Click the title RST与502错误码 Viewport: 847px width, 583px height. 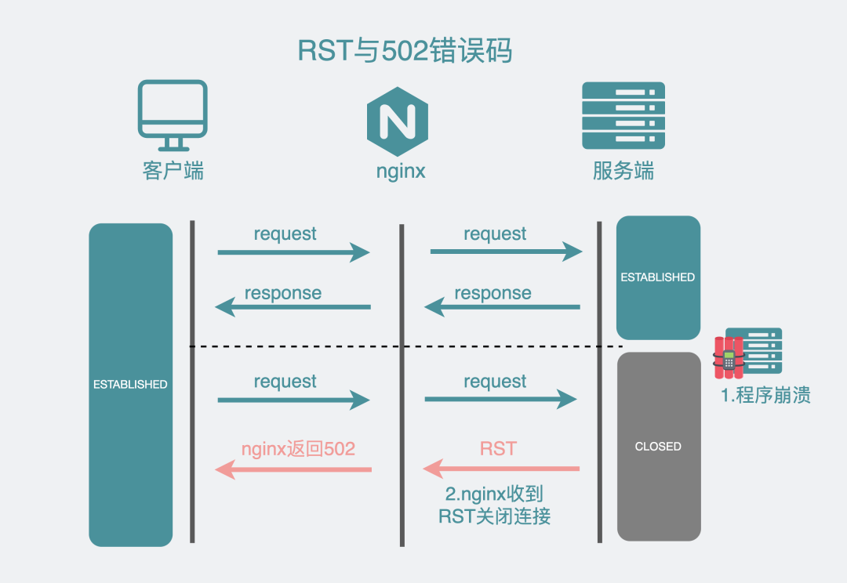[x=405, y=51]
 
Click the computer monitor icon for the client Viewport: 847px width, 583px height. [x=173, y=114]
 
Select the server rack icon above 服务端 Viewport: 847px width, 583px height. [x=623, y=116]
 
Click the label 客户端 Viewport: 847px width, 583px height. [x=173, y=171]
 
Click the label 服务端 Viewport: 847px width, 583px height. [x=623, y=171]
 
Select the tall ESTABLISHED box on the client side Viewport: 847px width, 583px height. [x=130, y=384]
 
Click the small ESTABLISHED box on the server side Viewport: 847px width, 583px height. [x=657, y=277]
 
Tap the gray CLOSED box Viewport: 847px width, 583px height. [x=658, y=446]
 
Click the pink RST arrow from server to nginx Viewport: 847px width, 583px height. [x=501, y=469]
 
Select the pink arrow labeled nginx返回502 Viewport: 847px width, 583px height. [x=293, y=469]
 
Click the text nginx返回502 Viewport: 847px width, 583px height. [x=298, y=449]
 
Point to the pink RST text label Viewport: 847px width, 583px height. [x=498, y=449]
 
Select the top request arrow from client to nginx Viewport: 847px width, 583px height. [x=293, y=252]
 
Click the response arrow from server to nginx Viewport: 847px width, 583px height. [x=502, y=307]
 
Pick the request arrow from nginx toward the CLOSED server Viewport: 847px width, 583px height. [x=500, y=400]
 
